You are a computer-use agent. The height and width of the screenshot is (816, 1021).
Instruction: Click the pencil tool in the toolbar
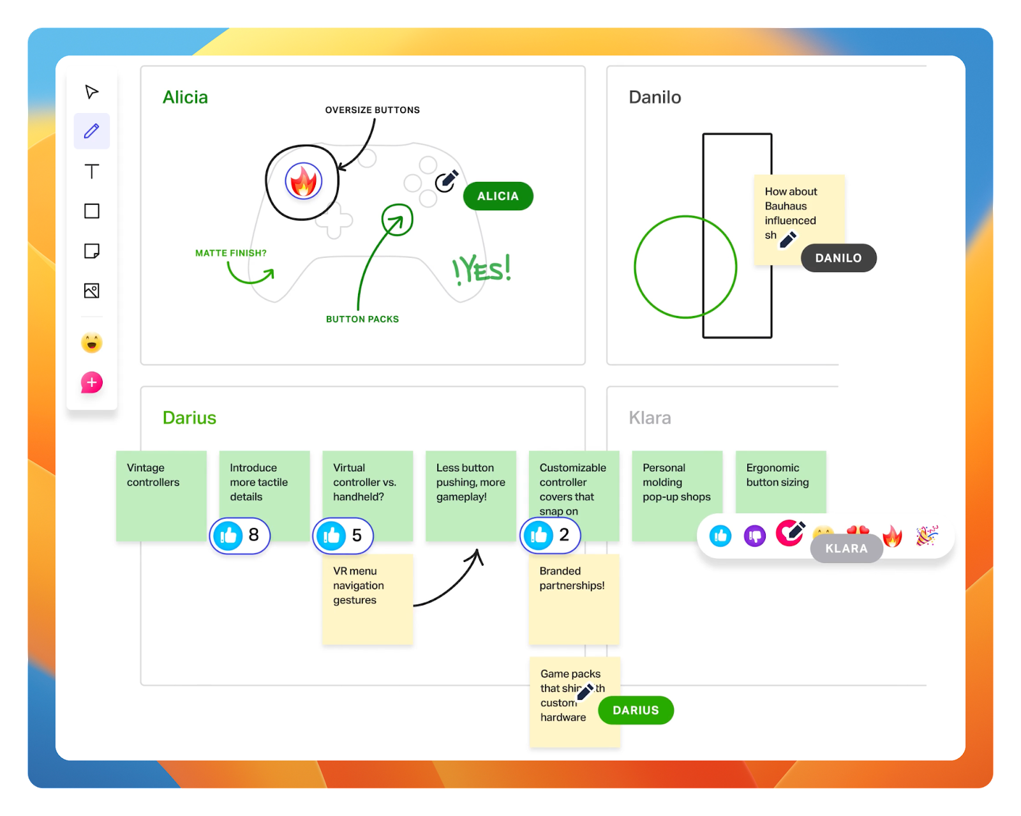92,131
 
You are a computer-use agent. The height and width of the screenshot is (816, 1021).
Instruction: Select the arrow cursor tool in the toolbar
92,92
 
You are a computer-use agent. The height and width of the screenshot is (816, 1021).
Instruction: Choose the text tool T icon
92,171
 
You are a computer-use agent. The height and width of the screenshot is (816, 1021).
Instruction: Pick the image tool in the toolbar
92,291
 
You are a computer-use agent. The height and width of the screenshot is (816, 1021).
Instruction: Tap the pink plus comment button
92,382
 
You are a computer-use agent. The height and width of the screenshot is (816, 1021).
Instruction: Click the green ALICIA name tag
498,196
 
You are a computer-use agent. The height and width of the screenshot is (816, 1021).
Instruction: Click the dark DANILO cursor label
838,258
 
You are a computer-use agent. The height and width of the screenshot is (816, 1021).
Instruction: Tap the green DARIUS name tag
636,710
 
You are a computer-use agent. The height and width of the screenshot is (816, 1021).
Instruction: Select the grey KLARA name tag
846,548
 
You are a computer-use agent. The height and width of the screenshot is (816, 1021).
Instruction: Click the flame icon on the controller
304,182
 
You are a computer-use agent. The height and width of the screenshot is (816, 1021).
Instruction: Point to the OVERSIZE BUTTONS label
373,110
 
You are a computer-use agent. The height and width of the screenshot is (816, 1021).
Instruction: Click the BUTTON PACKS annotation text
362,319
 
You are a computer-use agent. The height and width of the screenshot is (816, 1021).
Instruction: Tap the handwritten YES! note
482,270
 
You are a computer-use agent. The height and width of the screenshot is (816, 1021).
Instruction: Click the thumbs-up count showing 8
240,535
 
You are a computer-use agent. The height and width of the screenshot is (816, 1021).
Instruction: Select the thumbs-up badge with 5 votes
343,535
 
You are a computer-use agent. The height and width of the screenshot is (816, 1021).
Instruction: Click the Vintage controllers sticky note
161,495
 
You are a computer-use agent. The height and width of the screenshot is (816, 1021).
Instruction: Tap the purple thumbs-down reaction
755,536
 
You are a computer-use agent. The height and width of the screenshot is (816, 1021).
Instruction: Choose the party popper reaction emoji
927,536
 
